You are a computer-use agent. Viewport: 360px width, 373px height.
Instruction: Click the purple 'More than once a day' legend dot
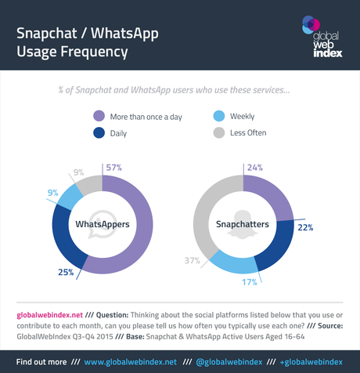(99, 116)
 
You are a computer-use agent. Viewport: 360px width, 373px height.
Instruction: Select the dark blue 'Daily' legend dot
(99, 133)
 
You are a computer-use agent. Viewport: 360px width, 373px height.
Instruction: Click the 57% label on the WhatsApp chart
(115, 167)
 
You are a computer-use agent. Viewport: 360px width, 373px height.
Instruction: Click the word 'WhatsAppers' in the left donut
(103, 224)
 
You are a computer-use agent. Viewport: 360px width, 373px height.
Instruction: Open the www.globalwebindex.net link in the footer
(128, 363)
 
